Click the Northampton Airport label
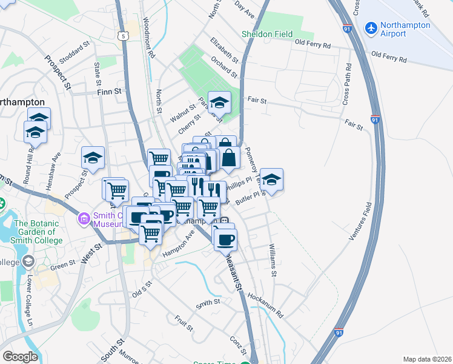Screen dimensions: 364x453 click(405, 30)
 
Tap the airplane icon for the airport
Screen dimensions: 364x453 click(371, 28)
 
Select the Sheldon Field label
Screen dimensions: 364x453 click(267, 35)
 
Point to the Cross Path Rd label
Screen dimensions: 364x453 click(348, 85)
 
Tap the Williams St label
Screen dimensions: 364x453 click(273, 261)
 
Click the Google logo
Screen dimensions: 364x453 click(20, 357)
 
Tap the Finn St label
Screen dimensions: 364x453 click(109, 92)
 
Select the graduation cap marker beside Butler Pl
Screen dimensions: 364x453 click(272, 180)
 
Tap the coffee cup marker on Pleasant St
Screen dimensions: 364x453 click(225, 238)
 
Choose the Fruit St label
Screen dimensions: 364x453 click(184, 322)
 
